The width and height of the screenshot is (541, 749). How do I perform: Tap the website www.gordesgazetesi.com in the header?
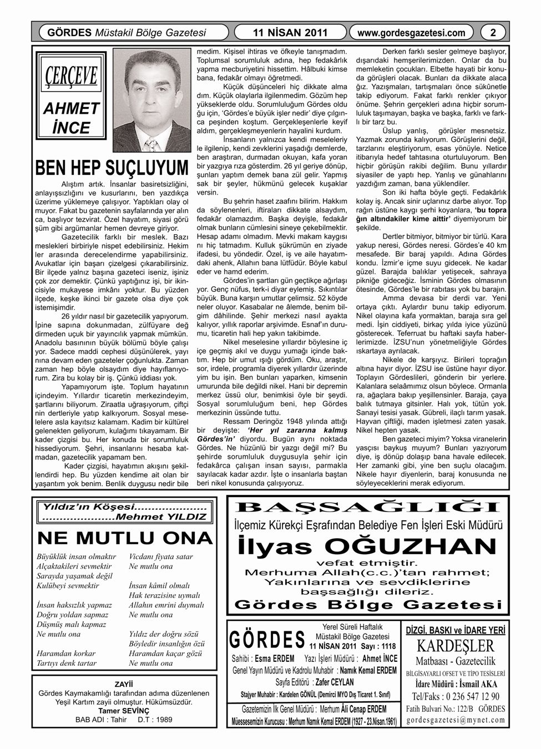pyautogui.click(x=411, y=33)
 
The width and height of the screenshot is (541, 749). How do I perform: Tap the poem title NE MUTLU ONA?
pyautogui.click(x=125, y=538)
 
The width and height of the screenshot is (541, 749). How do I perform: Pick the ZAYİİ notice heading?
pyautogui.click(x=124, y=684)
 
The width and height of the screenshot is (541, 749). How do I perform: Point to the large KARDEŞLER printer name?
pyautogui.click(x=456, y=646)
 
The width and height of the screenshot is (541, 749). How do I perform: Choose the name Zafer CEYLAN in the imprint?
pyautogui.click(x=333, y=681)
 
